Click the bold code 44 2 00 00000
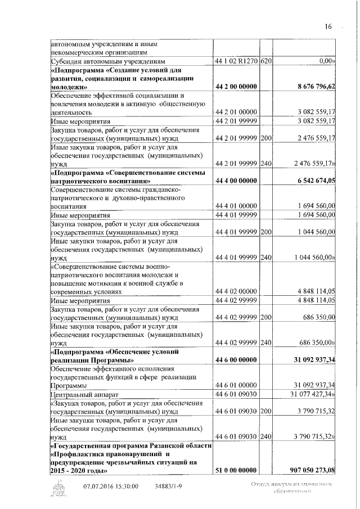coord(236,87)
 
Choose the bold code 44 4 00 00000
coord(236,181)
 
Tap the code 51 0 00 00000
coord(236,470)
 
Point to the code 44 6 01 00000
coord(236,385)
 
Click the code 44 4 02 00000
coord(236,291)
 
